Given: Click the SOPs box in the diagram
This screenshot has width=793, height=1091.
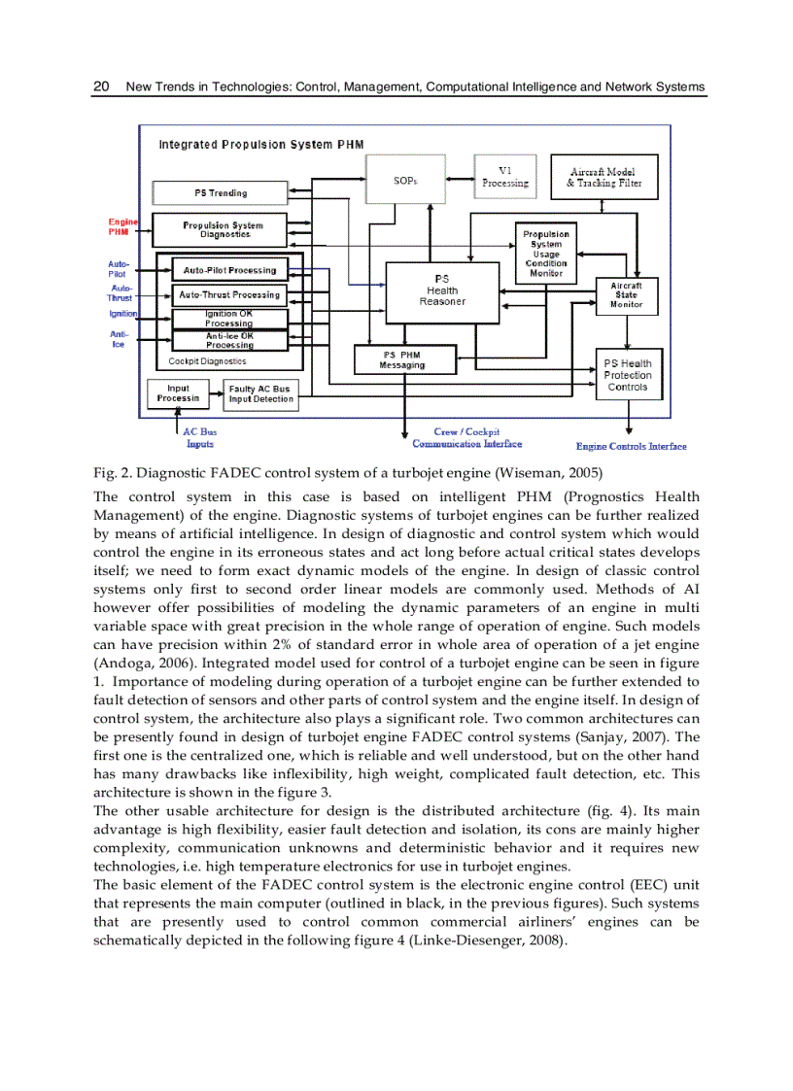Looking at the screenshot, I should pyautogui.click(x=406, y=180).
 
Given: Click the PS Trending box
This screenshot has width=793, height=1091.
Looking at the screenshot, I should pyautogui.click(x=221, y=192).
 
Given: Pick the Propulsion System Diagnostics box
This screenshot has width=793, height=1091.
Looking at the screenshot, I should pyautogui.click(x=223, y=229).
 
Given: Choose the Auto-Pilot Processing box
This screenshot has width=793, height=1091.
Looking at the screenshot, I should pyautogui.click(x=229, y=270).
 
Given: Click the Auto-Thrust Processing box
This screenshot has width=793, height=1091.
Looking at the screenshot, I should pyautogui.click(x=229, y=294).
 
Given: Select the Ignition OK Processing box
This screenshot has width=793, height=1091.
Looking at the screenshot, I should pyautogui.click(x=229, y=319).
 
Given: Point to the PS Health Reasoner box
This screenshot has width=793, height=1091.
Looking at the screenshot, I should pyautogui.click(x=442, y=290).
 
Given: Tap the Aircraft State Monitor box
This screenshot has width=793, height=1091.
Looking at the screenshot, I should pyautogui.click(x=626, y=295).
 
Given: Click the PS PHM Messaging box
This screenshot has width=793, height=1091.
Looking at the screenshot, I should pyautogui.click(x=401, y=359).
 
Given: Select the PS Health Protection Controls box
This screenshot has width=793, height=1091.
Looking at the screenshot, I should pyautogui.click(x=627, y=375).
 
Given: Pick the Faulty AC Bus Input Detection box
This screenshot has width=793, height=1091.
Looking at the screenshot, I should pyautogui.click(x=259, y=393).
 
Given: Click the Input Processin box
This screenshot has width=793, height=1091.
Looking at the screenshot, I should pyautogui.click(x=179, y=392).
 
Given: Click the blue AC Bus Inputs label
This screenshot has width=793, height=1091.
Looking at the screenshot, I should pyautogui.click(x=199, y=437).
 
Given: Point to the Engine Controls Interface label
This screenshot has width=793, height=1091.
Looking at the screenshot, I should pyautogui.click(x=631, y=447).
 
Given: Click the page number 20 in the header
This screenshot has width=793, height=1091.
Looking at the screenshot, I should pyautogui.click(x=100, y=86).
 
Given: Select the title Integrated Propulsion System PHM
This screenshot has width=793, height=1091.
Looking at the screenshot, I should pyautogui.click(x=260, y=145).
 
